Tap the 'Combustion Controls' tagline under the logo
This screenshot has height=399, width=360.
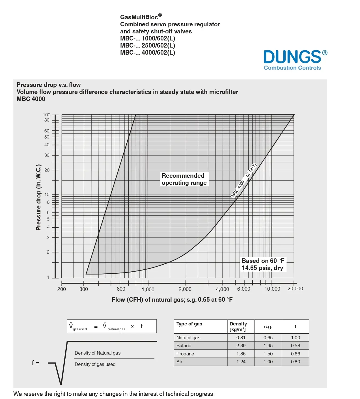click(x=292, y=68)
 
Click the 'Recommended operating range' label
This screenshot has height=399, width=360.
click(x=184, y=179)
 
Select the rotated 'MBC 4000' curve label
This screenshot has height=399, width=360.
click(x=244, y=181)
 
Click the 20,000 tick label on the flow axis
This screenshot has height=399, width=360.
click(x=295, y=289)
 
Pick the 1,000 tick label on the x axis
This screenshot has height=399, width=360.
click(x=148, y=289)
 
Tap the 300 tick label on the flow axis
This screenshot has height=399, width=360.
click(x=84, y=289)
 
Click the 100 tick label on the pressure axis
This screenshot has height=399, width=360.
click(x=47, y=115)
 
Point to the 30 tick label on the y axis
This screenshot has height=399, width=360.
click(x=47, y=155)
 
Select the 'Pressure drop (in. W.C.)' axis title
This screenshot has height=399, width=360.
click(x=38, y=197)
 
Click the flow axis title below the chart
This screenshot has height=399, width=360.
click(x=172, y=300)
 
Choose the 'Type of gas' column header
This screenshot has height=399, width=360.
click(x=189, y=324)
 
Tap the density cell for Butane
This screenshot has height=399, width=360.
click(x=241, y=346)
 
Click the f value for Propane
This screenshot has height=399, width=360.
click(x=295, y=354)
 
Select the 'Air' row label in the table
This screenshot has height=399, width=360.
click(x=179, y=362)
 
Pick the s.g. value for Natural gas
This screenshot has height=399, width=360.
click(x=268, y=338)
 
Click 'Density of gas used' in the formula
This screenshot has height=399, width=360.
click(x=95, y=364)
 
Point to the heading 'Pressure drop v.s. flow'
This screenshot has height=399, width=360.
click(x=49, y=85)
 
